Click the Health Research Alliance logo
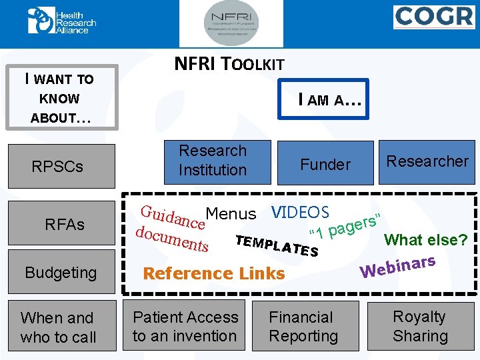point(62,21)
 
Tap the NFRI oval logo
point(242,24)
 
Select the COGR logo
point(434,17)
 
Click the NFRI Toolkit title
point(229,65)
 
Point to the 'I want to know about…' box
point(61,97)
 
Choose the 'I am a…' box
point(331,100)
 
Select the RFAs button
point(65,225)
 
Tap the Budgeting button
point(61,273)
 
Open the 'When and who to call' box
point(59,327)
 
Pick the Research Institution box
point(213,161)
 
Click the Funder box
point(325,164)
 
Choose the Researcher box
point(427,161)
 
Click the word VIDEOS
point(300,213)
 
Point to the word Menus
point(231,214)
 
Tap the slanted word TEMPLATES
point(276,246)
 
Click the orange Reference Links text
point(214,273)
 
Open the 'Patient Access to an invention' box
point(185,327)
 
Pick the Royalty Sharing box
point(419,327)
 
